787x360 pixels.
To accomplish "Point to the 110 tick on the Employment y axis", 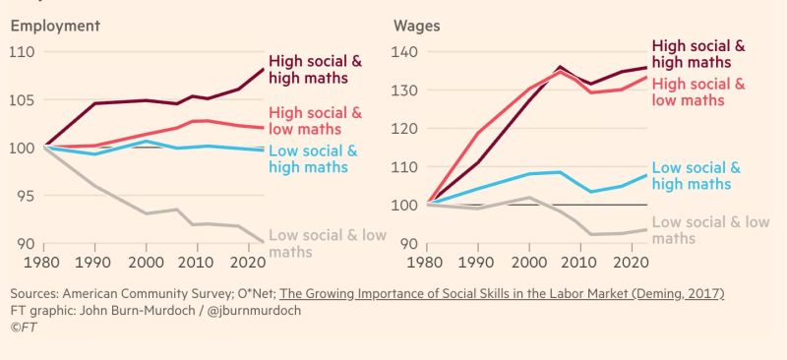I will (22, 51).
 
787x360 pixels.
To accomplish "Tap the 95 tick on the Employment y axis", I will (22, 196).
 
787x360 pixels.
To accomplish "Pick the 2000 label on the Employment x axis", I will (145, 264).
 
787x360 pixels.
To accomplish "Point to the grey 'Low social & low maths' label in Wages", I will (710, 230).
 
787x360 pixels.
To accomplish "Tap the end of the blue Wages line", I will (645, 175).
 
